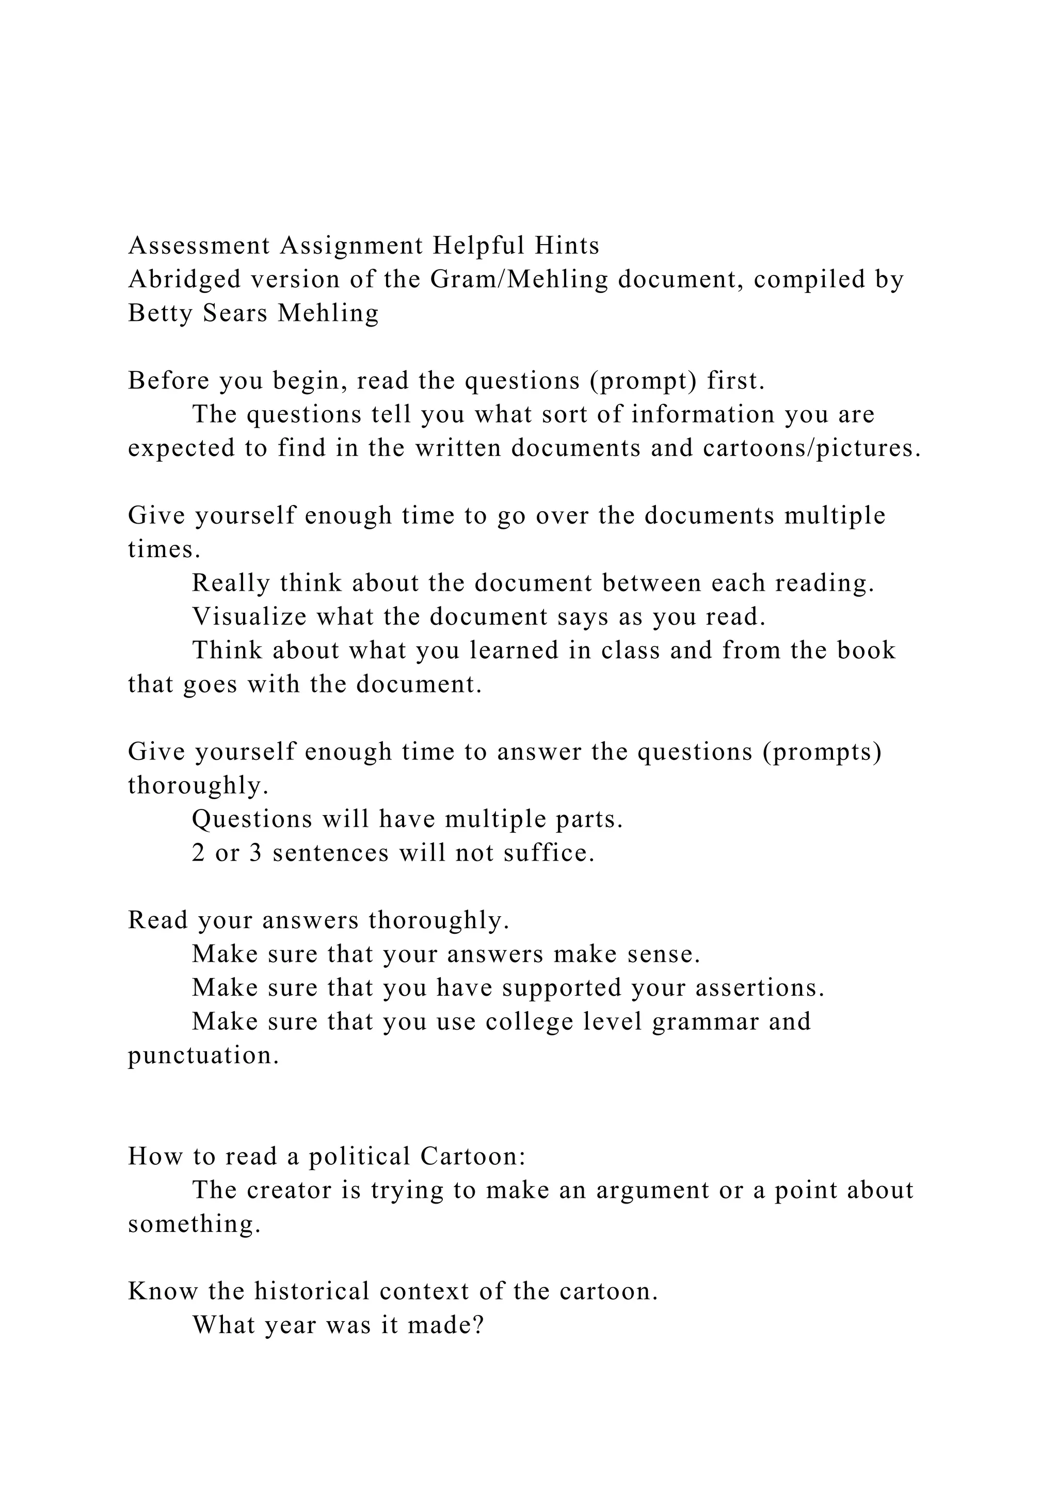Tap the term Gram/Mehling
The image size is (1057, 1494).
[x=519, y=280]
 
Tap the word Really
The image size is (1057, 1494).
[x=231, y=583]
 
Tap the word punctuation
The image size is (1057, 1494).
[x=203, y=1055]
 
